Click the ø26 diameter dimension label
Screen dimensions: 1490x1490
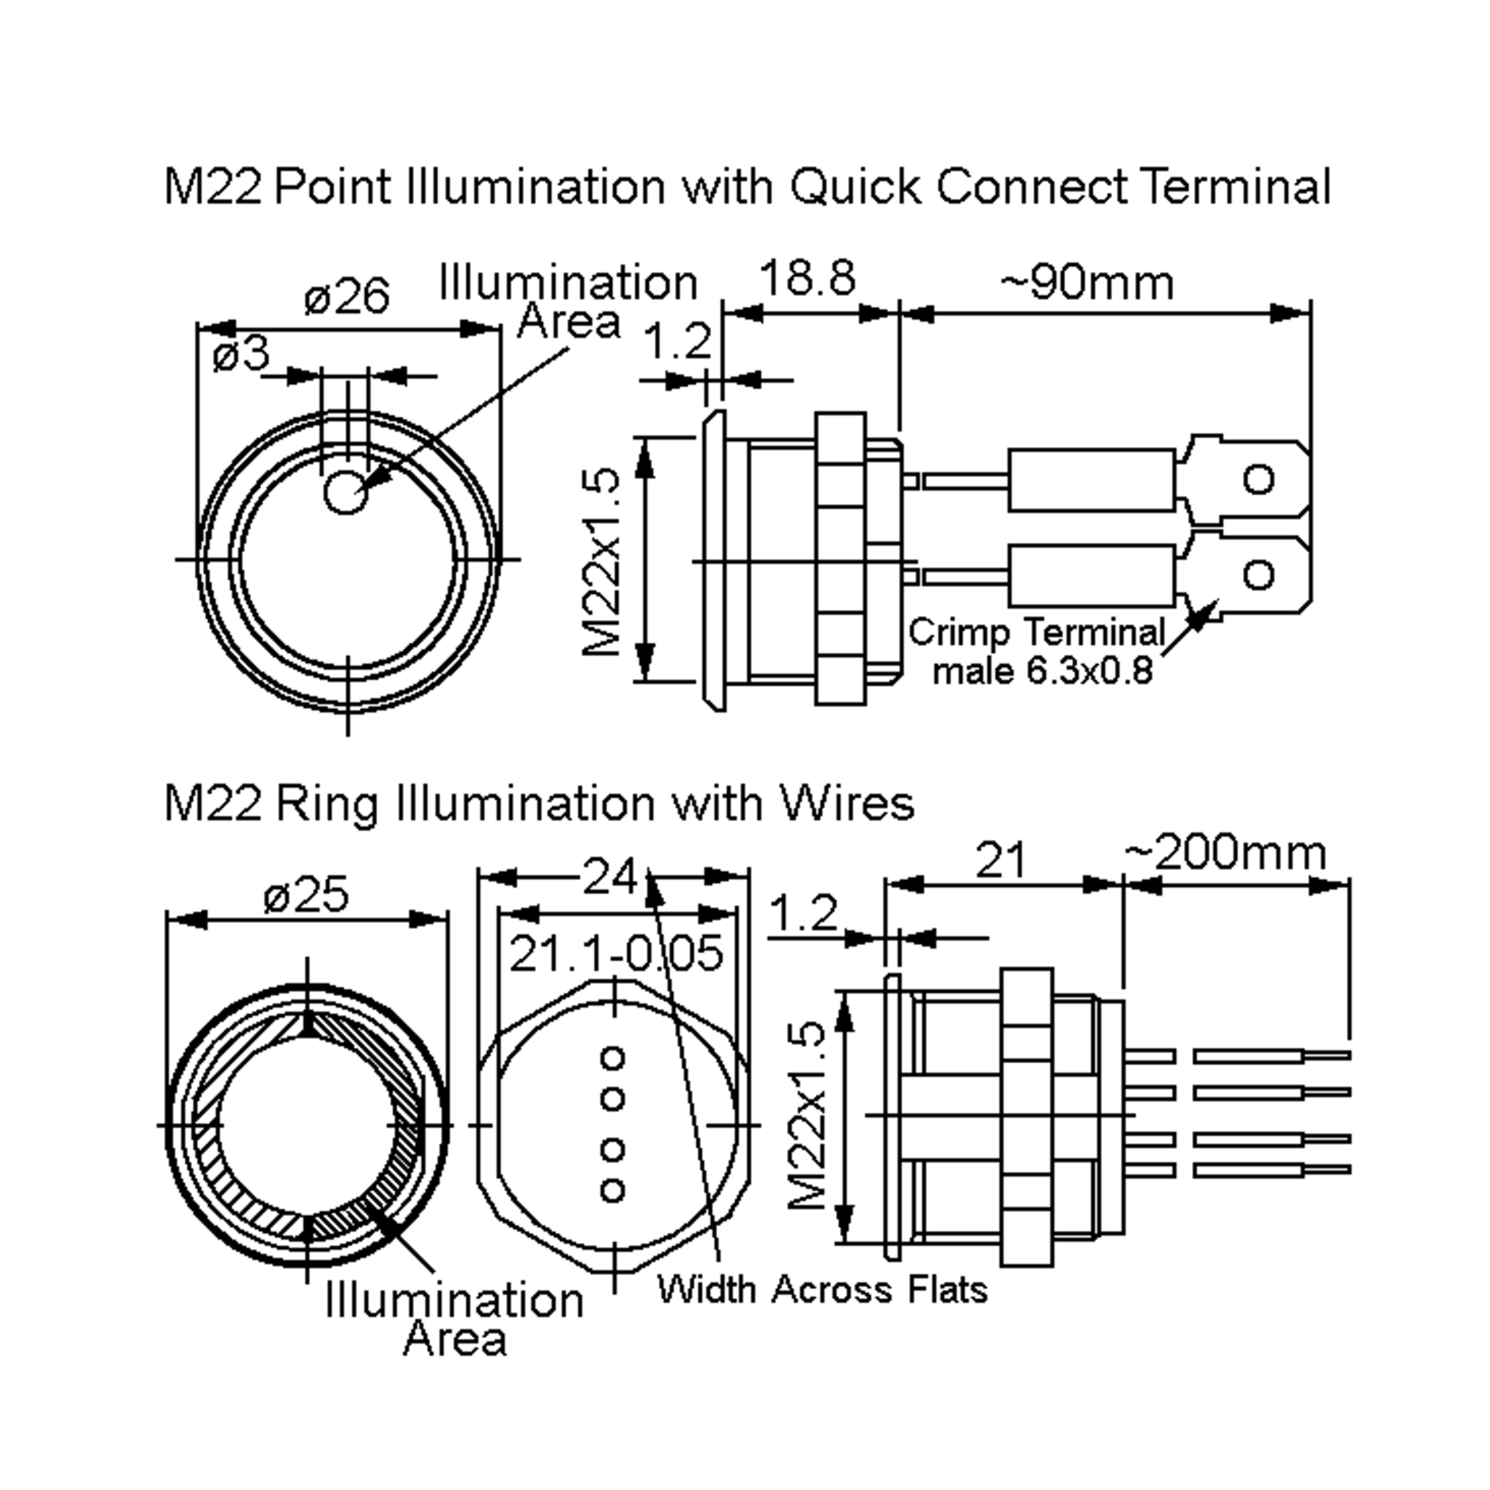click(x=347, y=297)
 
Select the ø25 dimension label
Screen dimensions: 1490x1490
click(x=306, y=895)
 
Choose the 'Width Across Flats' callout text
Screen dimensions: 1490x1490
click(x=822, y=1289)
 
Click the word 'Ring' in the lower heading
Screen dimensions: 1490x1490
click(x=326, y=803)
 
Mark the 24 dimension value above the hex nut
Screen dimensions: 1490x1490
click(x=610, y=877)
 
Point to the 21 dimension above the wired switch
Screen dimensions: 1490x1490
click(x=1000, y=860)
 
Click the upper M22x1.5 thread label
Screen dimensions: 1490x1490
click(x=602, y=560)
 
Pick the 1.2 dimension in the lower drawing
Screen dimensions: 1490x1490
click(x=803, y=913)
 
